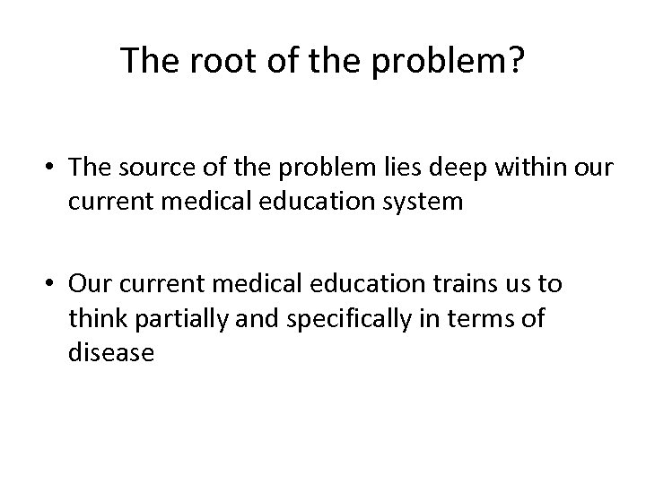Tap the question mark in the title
[x=518, y=60]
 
